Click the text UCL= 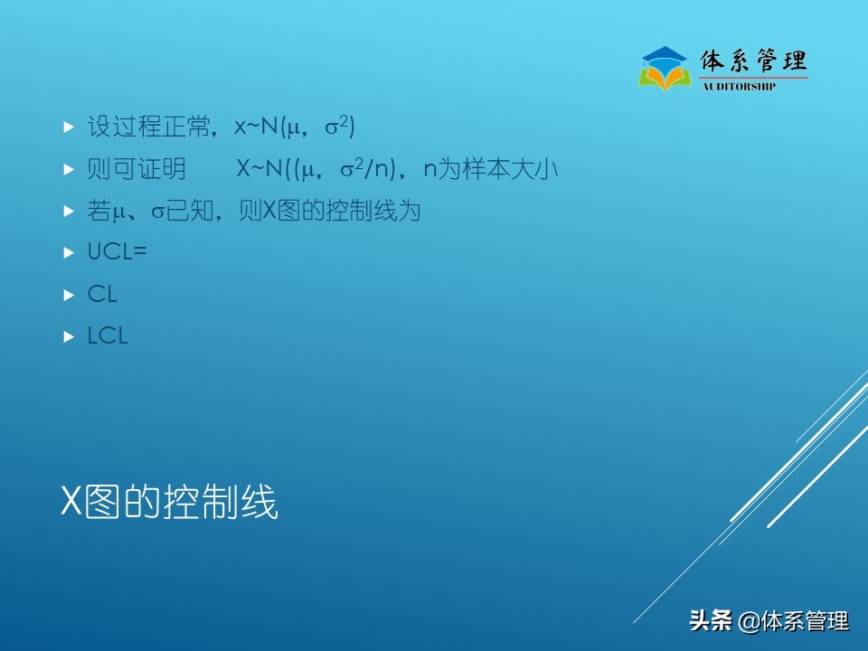point(117,252)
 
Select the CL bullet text point(102,294)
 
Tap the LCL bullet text point(108,335)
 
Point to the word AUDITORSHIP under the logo point(739,87)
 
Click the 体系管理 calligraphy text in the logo point(753,61)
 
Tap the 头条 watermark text point(710,621)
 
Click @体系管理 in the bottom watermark point(794,621)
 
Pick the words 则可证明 point(137,169)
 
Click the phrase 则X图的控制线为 point(330,211)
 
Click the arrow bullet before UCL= point(68,253)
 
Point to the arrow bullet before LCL point(68,336)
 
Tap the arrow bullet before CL point(68,295)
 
